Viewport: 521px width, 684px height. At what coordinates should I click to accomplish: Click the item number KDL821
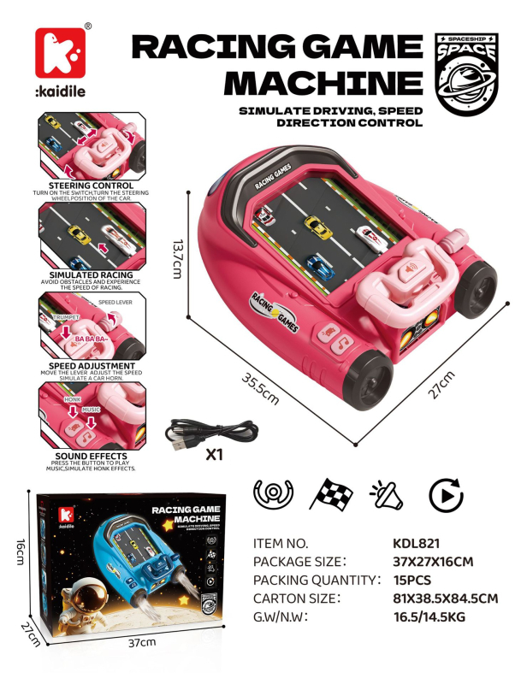(x=417, y=544)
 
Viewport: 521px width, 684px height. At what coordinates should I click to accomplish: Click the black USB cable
(x=210, y=433)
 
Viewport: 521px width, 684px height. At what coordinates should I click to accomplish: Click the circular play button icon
(x=445, y=495)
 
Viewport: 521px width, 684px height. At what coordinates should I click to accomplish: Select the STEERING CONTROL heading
(x=90, y=185)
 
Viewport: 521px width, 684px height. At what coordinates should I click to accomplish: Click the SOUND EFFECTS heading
(x=90, y=456)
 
